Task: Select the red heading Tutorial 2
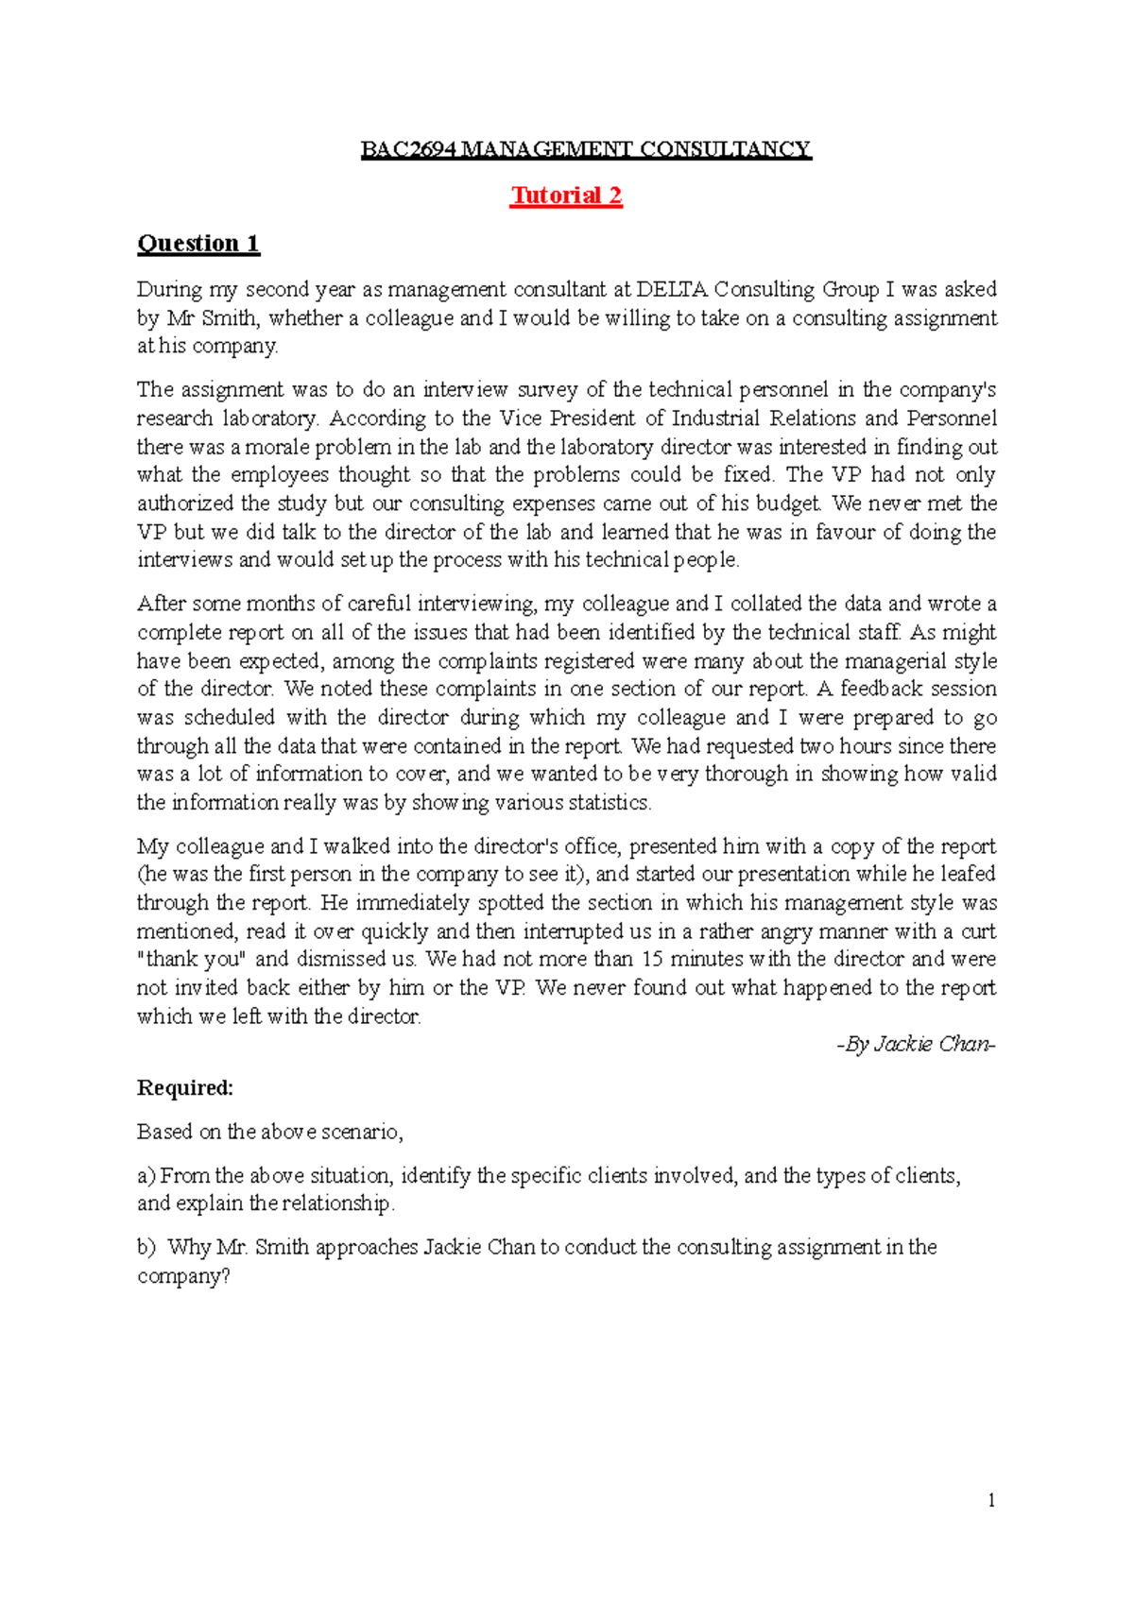566,196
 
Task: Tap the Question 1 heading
198,244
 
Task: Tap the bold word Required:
185,1088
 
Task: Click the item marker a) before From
146,1176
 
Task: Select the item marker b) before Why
146,1247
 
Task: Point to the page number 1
991,1500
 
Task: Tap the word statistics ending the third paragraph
610,803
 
